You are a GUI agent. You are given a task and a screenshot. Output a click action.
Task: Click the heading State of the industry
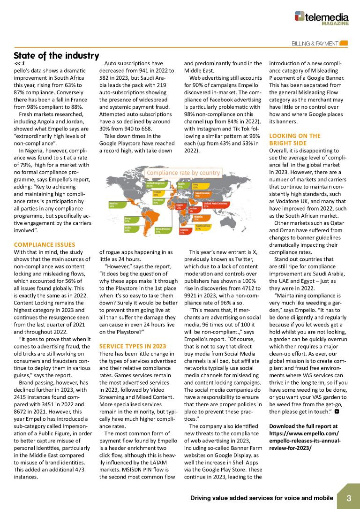[x=56, y=55]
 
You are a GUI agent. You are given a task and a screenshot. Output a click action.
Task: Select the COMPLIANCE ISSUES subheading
[x=45, y=244]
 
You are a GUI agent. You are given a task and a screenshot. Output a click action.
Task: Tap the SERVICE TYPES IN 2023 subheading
[x=133, y=346]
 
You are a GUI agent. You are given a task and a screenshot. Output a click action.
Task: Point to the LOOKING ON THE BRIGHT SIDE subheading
[x=295, y=139]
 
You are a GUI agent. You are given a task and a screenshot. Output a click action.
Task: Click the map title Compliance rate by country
[x=183, y=173]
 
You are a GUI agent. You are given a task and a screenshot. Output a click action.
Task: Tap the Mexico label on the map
[x=113, y=205]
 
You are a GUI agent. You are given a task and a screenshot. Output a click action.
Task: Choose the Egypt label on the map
[x=179, y=206]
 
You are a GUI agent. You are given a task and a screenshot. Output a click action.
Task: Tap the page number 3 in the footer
[x=349, y=498]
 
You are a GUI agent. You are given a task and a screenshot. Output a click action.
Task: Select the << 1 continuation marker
[x=19, y=63]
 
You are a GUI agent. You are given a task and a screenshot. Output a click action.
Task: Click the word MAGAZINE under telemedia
[x=335, y=23]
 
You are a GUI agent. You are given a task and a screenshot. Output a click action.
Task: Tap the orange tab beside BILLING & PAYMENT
[x=344, y=44]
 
